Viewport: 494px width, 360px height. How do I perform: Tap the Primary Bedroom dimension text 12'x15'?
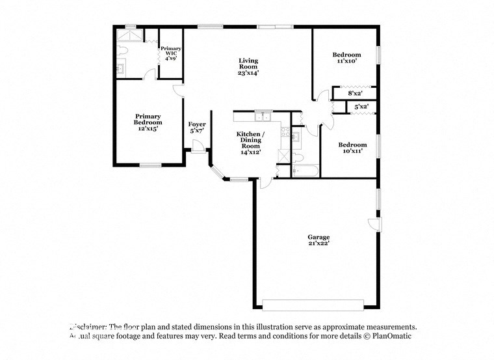(x=148, y=129)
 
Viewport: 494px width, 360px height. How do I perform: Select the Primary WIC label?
(x=171, y=53)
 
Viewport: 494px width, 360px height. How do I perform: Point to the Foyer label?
(x=197, y=127)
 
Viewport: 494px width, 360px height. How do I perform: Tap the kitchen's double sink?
(x=263, y=117)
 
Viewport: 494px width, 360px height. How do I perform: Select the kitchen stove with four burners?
(x=284, y=132)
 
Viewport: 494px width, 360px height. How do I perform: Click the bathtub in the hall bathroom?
(x=305, y=171)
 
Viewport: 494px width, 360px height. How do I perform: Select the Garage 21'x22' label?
(x=318, y=240)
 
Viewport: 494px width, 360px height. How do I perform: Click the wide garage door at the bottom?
(x=313, y=305)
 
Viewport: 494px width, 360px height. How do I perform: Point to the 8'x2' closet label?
(x=354, y=94)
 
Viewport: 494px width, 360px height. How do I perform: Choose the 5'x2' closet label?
(x=361, y=106)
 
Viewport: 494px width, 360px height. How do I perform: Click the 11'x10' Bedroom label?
(x=347, y=57)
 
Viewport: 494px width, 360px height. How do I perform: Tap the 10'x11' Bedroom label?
(x=352, y=147)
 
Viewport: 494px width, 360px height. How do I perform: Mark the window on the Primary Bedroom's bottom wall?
(x=150, y=165)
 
